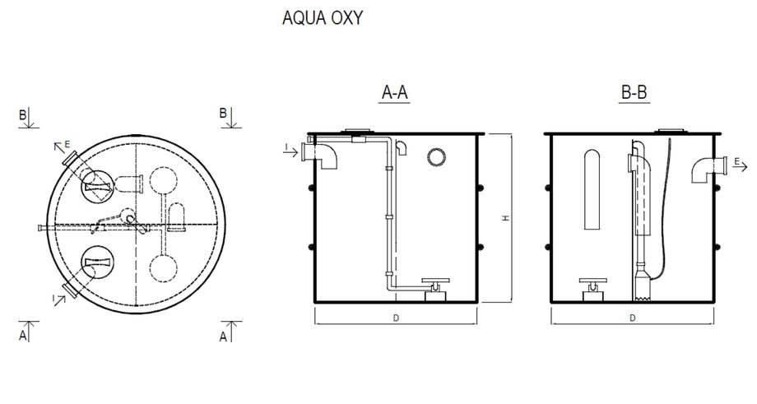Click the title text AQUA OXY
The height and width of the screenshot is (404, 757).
coord(322,18)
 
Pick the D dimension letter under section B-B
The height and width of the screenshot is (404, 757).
coord(632,317)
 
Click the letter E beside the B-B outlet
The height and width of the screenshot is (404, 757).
coord(738,161)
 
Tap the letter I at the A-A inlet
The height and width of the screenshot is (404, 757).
coord(285,148)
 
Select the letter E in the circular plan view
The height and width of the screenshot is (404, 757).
coord(67,142)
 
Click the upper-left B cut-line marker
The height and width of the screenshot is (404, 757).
coord(23,114)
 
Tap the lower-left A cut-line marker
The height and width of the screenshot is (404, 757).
coord(23,336)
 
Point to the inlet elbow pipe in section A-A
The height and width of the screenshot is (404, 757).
coord(327,155)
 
